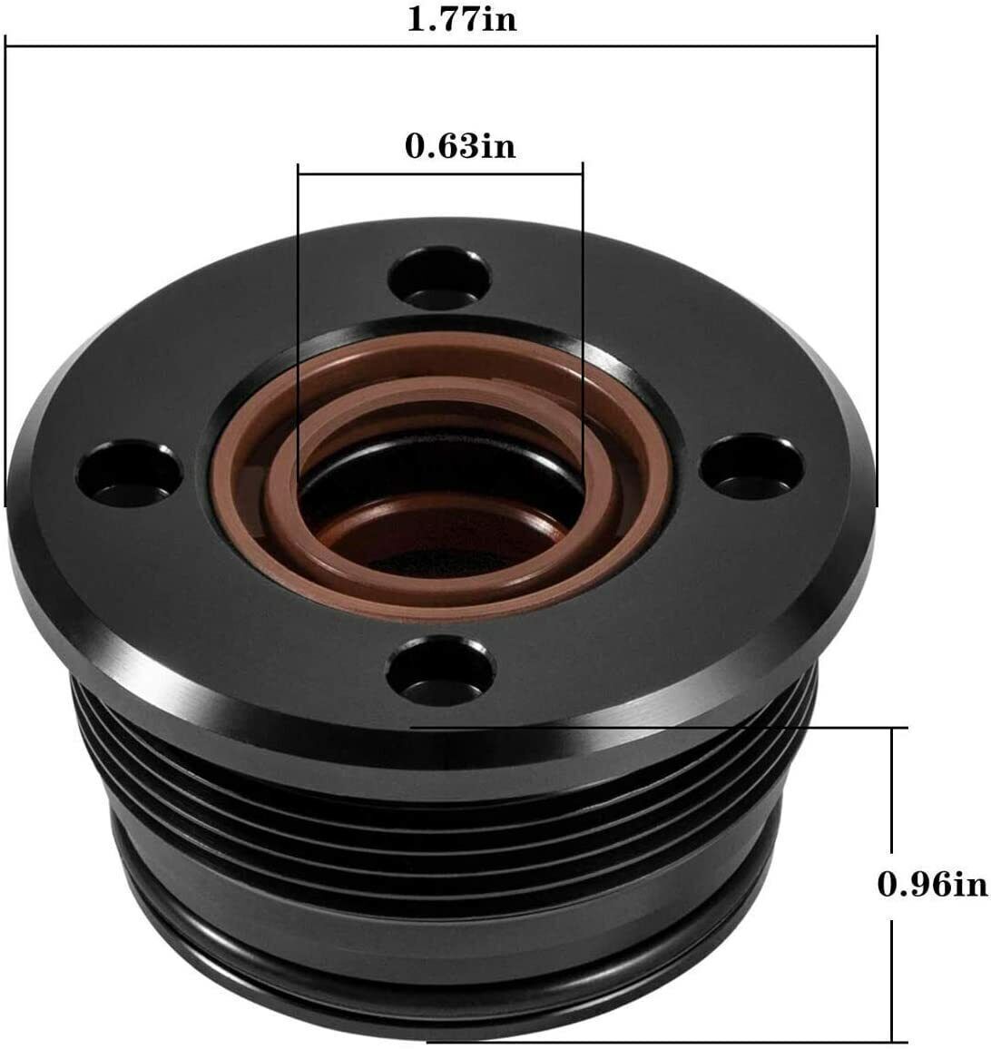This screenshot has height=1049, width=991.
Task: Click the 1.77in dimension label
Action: click(x=461, y=19)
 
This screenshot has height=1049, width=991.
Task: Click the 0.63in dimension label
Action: click(x=460, y=145)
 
